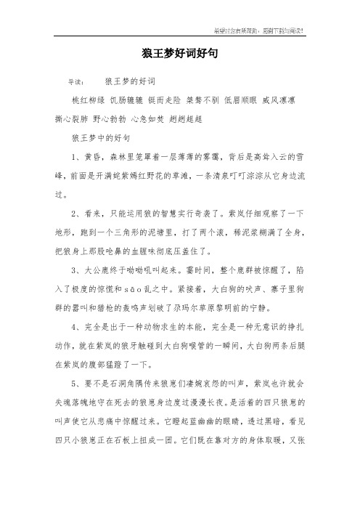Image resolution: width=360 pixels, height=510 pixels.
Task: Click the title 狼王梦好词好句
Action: (x=179, y=53)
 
